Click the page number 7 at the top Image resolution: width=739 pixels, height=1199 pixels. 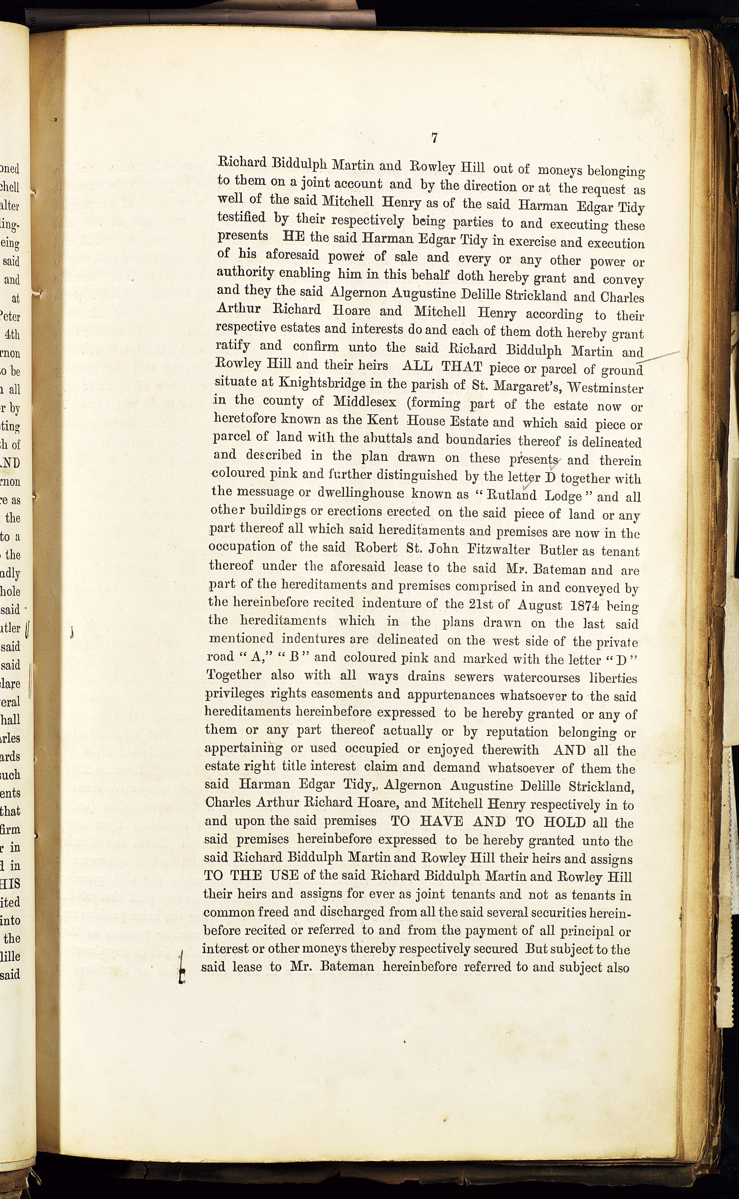point(434,138)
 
